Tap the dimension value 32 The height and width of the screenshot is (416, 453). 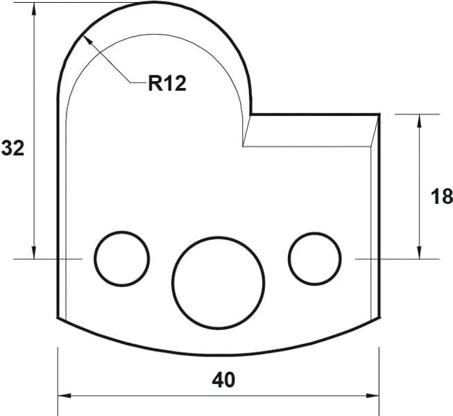12,148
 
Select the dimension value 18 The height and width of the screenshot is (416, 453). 441,196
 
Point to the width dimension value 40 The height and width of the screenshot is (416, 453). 224,380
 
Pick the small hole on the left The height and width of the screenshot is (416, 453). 122,258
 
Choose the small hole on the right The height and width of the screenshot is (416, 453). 315,258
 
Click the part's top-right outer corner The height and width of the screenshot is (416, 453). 379,114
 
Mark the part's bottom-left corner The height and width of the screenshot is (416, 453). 57,319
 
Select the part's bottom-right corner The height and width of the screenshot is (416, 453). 379,319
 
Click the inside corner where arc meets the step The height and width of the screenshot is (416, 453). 250,114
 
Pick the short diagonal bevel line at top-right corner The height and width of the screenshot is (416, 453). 375,130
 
